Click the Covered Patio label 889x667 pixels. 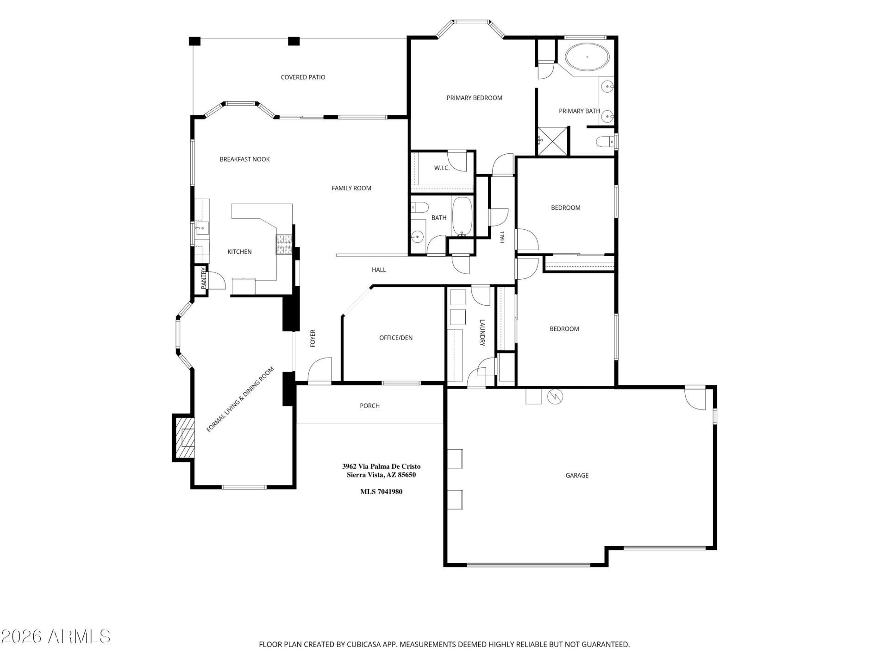(303, 77)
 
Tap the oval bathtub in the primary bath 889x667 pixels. (587, 57)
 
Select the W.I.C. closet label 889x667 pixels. (442, 168)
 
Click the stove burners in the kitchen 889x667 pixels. (284, 245)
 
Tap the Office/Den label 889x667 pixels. (396, 338)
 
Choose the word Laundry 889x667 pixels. (482, 333)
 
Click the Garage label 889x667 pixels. (577, 475)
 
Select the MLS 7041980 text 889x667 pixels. (381, 491)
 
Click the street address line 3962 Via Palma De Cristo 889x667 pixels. (381, 466)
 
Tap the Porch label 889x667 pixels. (369, 406)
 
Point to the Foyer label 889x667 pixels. (313, 338)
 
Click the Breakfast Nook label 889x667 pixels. (244, 159)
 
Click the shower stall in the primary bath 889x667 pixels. (552, 141)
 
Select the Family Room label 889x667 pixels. (351, 188)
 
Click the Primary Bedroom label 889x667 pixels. (474, 98)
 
